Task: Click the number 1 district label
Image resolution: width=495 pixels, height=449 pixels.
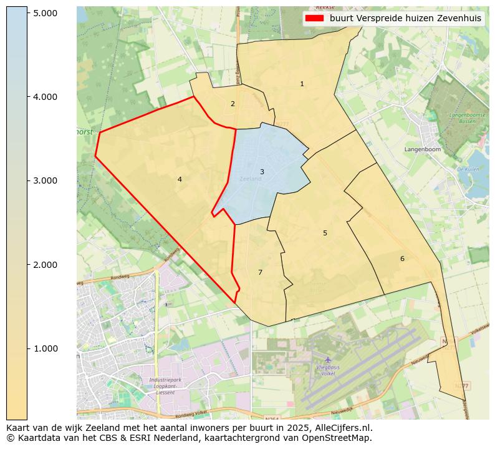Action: point(302,84)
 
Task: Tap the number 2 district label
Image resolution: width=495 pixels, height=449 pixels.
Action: point(233,104)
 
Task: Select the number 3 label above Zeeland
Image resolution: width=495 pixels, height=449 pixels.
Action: point(262,172)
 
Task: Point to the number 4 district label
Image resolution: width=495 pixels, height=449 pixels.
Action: point(180,179)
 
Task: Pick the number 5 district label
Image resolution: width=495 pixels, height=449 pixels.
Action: point(325,233)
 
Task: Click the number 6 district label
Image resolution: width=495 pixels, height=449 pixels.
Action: point(402,259)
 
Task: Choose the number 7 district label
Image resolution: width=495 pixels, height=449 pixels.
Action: point(260,272)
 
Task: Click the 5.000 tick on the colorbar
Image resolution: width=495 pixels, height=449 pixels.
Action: point(46,13)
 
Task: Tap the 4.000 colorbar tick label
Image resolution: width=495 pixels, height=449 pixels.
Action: point(46,97)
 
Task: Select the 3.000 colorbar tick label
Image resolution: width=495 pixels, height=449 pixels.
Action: point(46,180)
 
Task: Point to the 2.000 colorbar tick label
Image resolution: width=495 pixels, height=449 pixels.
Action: point(46,265)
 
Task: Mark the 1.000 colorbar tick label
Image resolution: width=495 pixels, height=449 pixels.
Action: point(46,348)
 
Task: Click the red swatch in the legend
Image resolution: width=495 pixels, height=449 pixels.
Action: point(315,18)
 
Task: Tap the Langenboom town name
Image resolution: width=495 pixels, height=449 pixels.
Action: point(422,150)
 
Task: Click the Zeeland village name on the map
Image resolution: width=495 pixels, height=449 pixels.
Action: point(250,179)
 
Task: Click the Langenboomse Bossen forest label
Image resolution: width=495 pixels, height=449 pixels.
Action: point(463,118)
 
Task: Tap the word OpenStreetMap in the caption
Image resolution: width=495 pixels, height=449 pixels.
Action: point(341,438)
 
